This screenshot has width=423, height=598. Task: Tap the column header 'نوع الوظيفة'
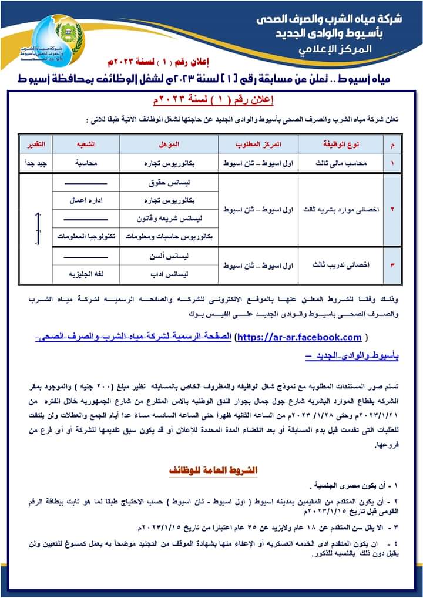(341, 144)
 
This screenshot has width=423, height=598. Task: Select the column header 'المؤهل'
(169, 144)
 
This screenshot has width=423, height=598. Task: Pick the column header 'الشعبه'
(86, 144)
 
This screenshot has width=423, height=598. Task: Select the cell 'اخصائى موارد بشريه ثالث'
(341, 209)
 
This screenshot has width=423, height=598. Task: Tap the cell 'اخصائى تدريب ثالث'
(341, 265)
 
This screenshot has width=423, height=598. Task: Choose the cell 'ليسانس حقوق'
(169, 183)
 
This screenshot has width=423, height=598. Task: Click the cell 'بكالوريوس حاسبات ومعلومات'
(169, 237)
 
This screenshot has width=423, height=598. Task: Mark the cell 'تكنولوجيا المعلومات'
(86, 237)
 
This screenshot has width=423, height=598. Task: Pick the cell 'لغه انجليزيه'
(86, 274)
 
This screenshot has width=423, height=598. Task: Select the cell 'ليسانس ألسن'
(169, 256)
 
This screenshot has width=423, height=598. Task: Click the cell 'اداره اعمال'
(86, 200)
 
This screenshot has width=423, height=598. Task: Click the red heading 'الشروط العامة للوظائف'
(211, 471)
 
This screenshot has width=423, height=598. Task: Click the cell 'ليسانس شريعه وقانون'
(169, 219)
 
